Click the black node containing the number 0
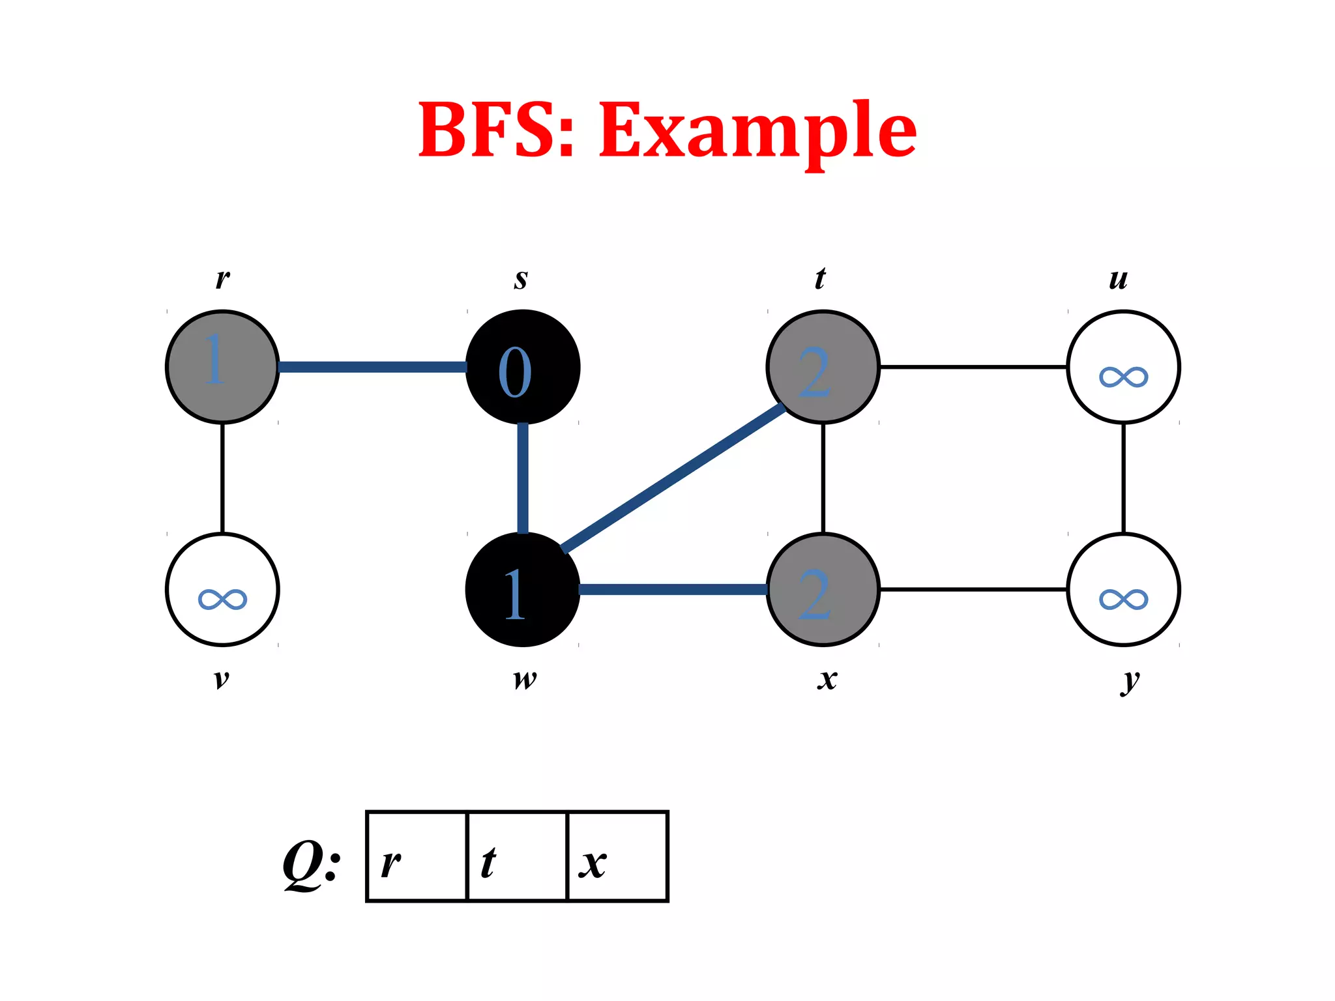523,367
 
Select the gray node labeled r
222,367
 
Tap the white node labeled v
222,590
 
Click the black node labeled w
523,590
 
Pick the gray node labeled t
823,367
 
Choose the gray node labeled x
823,590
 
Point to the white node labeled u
1123,367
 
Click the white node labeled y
1123,590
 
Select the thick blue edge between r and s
372,367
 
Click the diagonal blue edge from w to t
673,478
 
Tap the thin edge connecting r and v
222,478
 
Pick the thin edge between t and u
973,367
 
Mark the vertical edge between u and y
1123,478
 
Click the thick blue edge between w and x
673,590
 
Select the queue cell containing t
518,856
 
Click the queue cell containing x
618,856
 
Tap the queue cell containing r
417,856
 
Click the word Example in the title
757,130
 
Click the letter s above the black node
520,279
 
